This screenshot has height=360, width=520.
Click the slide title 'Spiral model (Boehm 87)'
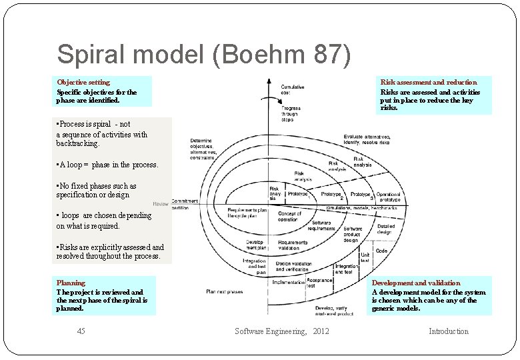coord(203,55)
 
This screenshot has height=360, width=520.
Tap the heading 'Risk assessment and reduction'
coord(429,82)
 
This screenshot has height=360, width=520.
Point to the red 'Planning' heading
coord(71,283)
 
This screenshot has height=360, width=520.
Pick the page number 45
coord(81,331)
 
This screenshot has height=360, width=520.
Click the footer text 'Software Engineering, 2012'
coord(281,331)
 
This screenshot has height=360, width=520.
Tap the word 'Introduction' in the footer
coord(448,331)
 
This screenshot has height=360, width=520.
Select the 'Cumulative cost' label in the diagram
coord(293,89)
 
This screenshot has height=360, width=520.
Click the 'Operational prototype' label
coord(389,197)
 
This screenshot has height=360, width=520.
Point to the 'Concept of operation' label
coord(289,216)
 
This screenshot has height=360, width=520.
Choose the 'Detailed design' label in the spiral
coord(385,229)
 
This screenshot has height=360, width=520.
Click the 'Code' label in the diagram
coord(381,251)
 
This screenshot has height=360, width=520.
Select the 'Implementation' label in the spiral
coord(288,282)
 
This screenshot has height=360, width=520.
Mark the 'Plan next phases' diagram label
coord(224,291)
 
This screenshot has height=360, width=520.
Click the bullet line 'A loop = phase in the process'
coord(108,165)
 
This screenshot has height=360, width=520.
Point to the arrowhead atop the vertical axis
coord(267,83)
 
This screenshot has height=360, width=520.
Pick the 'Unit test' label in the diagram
coord(365,257)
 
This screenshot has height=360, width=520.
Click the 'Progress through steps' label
coord(291,113)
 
